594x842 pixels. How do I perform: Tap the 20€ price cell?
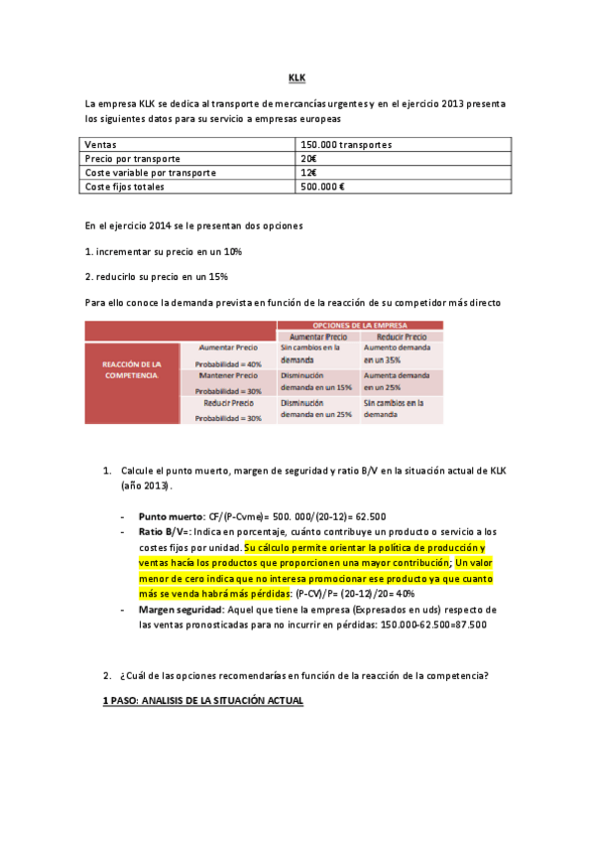point(308,159)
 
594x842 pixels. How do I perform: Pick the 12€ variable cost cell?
point(308,173)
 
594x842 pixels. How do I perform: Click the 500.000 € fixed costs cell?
point(322,187)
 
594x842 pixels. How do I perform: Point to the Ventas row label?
point(101,145)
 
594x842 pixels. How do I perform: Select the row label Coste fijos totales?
point(125,187)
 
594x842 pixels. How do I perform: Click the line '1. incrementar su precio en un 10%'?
point(164,251)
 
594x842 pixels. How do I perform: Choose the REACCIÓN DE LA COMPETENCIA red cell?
point(132,369)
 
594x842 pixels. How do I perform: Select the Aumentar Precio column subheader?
point(317,338)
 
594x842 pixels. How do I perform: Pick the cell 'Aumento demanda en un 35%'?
point(401,353)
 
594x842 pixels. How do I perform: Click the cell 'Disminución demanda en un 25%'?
point(317,409)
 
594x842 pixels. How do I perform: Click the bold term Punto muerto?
point(170,516)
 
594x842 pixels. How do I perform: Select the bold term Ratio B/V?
point(163,532)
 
